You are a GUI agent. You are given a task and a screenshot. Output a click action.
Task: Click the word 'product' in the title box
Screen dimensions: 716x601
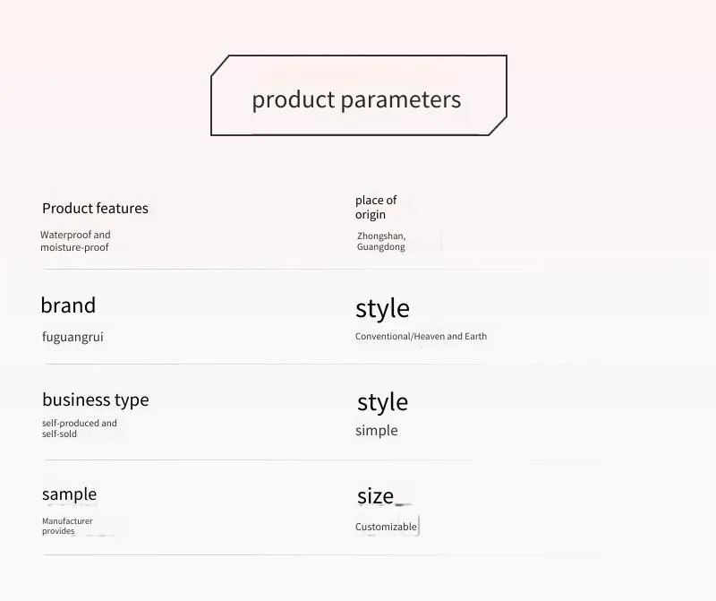tap(294, 99)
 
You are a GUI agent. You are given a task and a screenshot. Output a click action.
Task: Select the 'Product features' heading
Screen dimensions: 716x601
tap(95, 209)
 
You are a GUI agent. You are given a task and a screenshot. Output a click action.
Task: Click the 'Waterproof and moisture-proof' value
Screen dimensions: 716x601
tap(75, 241)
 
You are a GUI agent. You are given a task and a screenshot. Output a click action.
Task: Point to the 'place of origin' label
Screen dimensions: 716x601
tap(376, 208)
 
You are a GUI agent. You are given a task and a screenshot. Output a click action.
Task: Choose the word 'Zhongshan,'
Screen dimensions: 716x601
tap(381, 236)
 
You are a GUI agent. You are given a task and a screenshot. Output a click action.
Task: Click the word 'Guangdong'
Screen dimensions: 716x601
tap(381, 247)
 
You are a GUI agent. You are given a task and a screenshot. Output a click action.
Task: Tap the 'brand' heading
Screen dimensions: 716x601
tap(68, 305)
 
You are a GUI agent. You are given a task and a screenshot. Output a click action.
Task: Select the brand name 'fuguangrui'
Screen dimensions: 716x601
tap(72, 338)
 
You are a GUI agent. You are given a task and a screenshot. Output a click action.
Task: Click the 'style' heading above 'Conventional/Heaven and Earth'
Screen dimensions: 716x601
tap(382, 309)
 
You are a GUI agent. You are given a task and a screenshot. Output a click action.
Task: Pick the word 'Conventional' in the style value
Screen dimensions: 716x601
tap(383, 337)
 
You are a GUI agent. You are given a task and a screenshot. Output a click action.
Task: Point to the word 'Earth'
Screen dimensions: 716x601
tap(476, 337)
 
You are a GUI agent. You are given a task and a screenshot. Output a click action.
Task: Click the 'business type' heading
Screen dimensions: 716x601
tap(96, 399)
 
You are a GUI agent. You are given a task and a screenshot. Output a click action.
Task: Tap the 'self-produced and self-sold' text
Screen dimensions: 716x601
tap(80, 429)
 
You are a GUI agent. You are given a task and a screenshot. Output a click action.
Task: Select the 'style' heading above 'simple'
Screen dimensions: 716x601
tap(383, 403)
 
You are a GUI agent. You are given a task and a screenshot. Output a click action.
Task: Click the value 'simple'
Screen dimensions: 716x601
tap(376, 431)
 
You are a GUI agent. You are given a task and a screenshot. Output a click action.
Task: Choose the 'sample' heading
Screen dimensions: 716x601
tap(70, 495)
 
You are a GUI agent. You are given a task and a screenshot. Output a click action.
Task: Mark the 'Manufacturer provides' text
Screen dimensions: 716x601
tap(67, 526)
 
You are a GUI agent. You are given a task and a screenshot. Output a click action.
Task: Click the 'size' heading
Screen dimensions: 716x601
tap(375, 496)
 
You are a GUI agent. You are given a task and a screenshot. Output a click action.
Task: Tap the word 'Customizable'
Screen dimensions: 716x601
tap(386, 527)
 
